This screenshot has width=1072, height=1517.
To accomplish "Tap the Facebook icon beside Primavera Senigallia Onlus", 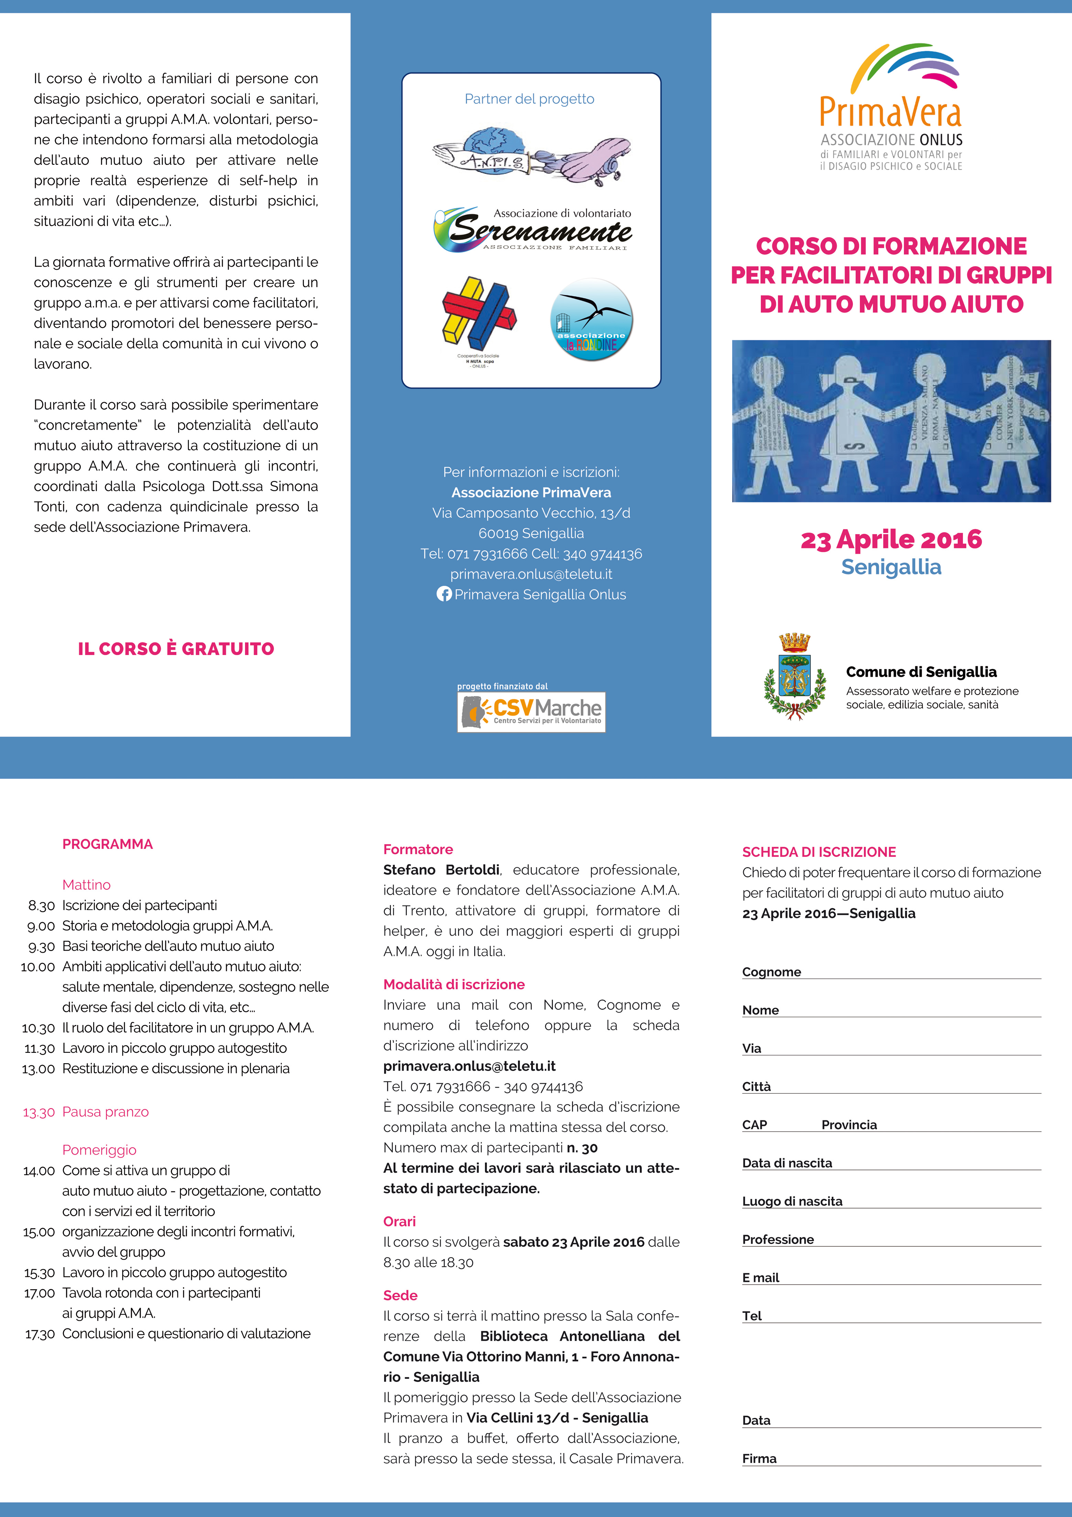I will (444, 594).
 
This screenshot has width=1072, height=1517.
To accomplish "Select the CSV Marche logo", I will (531, 712).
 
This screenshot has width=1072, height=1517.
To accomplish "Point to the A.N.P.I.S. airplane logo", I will (531, 156).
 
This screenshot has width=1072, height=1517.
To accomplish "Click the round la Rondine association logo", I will (591, 319).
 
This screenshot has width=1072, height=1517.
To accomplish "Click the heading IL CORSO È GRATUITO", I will (176, 649).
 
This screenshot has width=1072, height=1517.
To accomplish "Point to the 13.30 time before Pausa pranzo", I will (38, 1112).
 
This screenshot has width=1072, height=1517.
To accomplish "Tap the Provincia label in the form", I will (849, 1124).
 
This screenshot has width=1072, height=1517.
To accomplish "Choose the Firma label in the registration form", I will (759, 1458).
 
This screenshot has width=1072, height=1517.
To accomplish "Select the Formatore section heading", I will (418, 849).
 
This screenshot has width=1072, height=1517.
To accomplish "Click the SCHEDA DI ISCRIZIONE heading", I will (819, 852).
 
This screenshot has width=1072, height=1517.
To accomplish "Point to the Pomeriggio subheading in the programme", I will (99, 1150).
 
